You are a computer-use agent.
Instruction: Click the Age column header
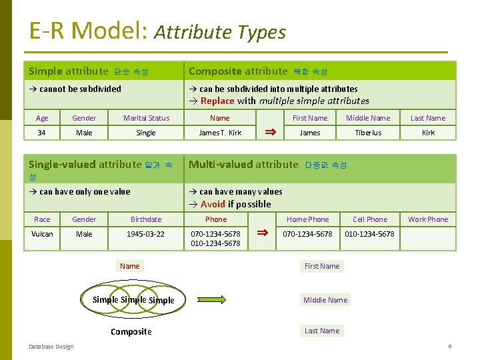(42, 118)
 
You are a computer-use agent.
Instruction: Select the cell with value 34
(42, 133)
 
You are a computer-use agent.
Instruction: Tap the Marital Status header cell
(146, 118)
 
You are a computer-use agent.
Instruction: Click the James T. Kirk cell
(220, 133)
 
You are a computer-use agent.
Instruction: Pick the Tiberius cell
(368, 133)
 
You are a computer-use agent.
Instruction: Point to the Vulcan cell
(42, 234)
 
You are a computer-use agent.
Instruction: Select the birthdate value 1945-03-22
(145, 234)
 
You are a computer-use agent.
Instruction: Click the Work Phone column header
(428, 219)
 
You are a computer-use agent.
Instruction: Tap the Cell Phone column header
(369, 219)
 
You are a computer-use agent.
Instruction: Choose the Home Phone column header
(307, 219)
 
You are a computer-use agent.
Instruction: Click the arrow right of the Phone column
(263, 233)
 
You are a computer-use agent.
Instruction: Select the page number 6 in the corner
(450, 347)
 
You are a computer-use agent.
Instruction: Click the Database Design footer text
(51, 346)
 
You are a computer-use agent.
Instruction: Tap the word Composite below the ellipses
(131, 331)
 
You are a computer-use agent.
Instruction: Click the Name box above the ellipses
(130, 266)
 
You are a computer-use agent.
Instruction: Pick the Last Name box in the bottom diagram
(322, 331)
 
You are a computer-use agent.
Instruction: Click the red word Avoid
(213, 204)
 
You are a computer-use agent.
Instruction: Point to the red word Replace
(217, 101)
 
